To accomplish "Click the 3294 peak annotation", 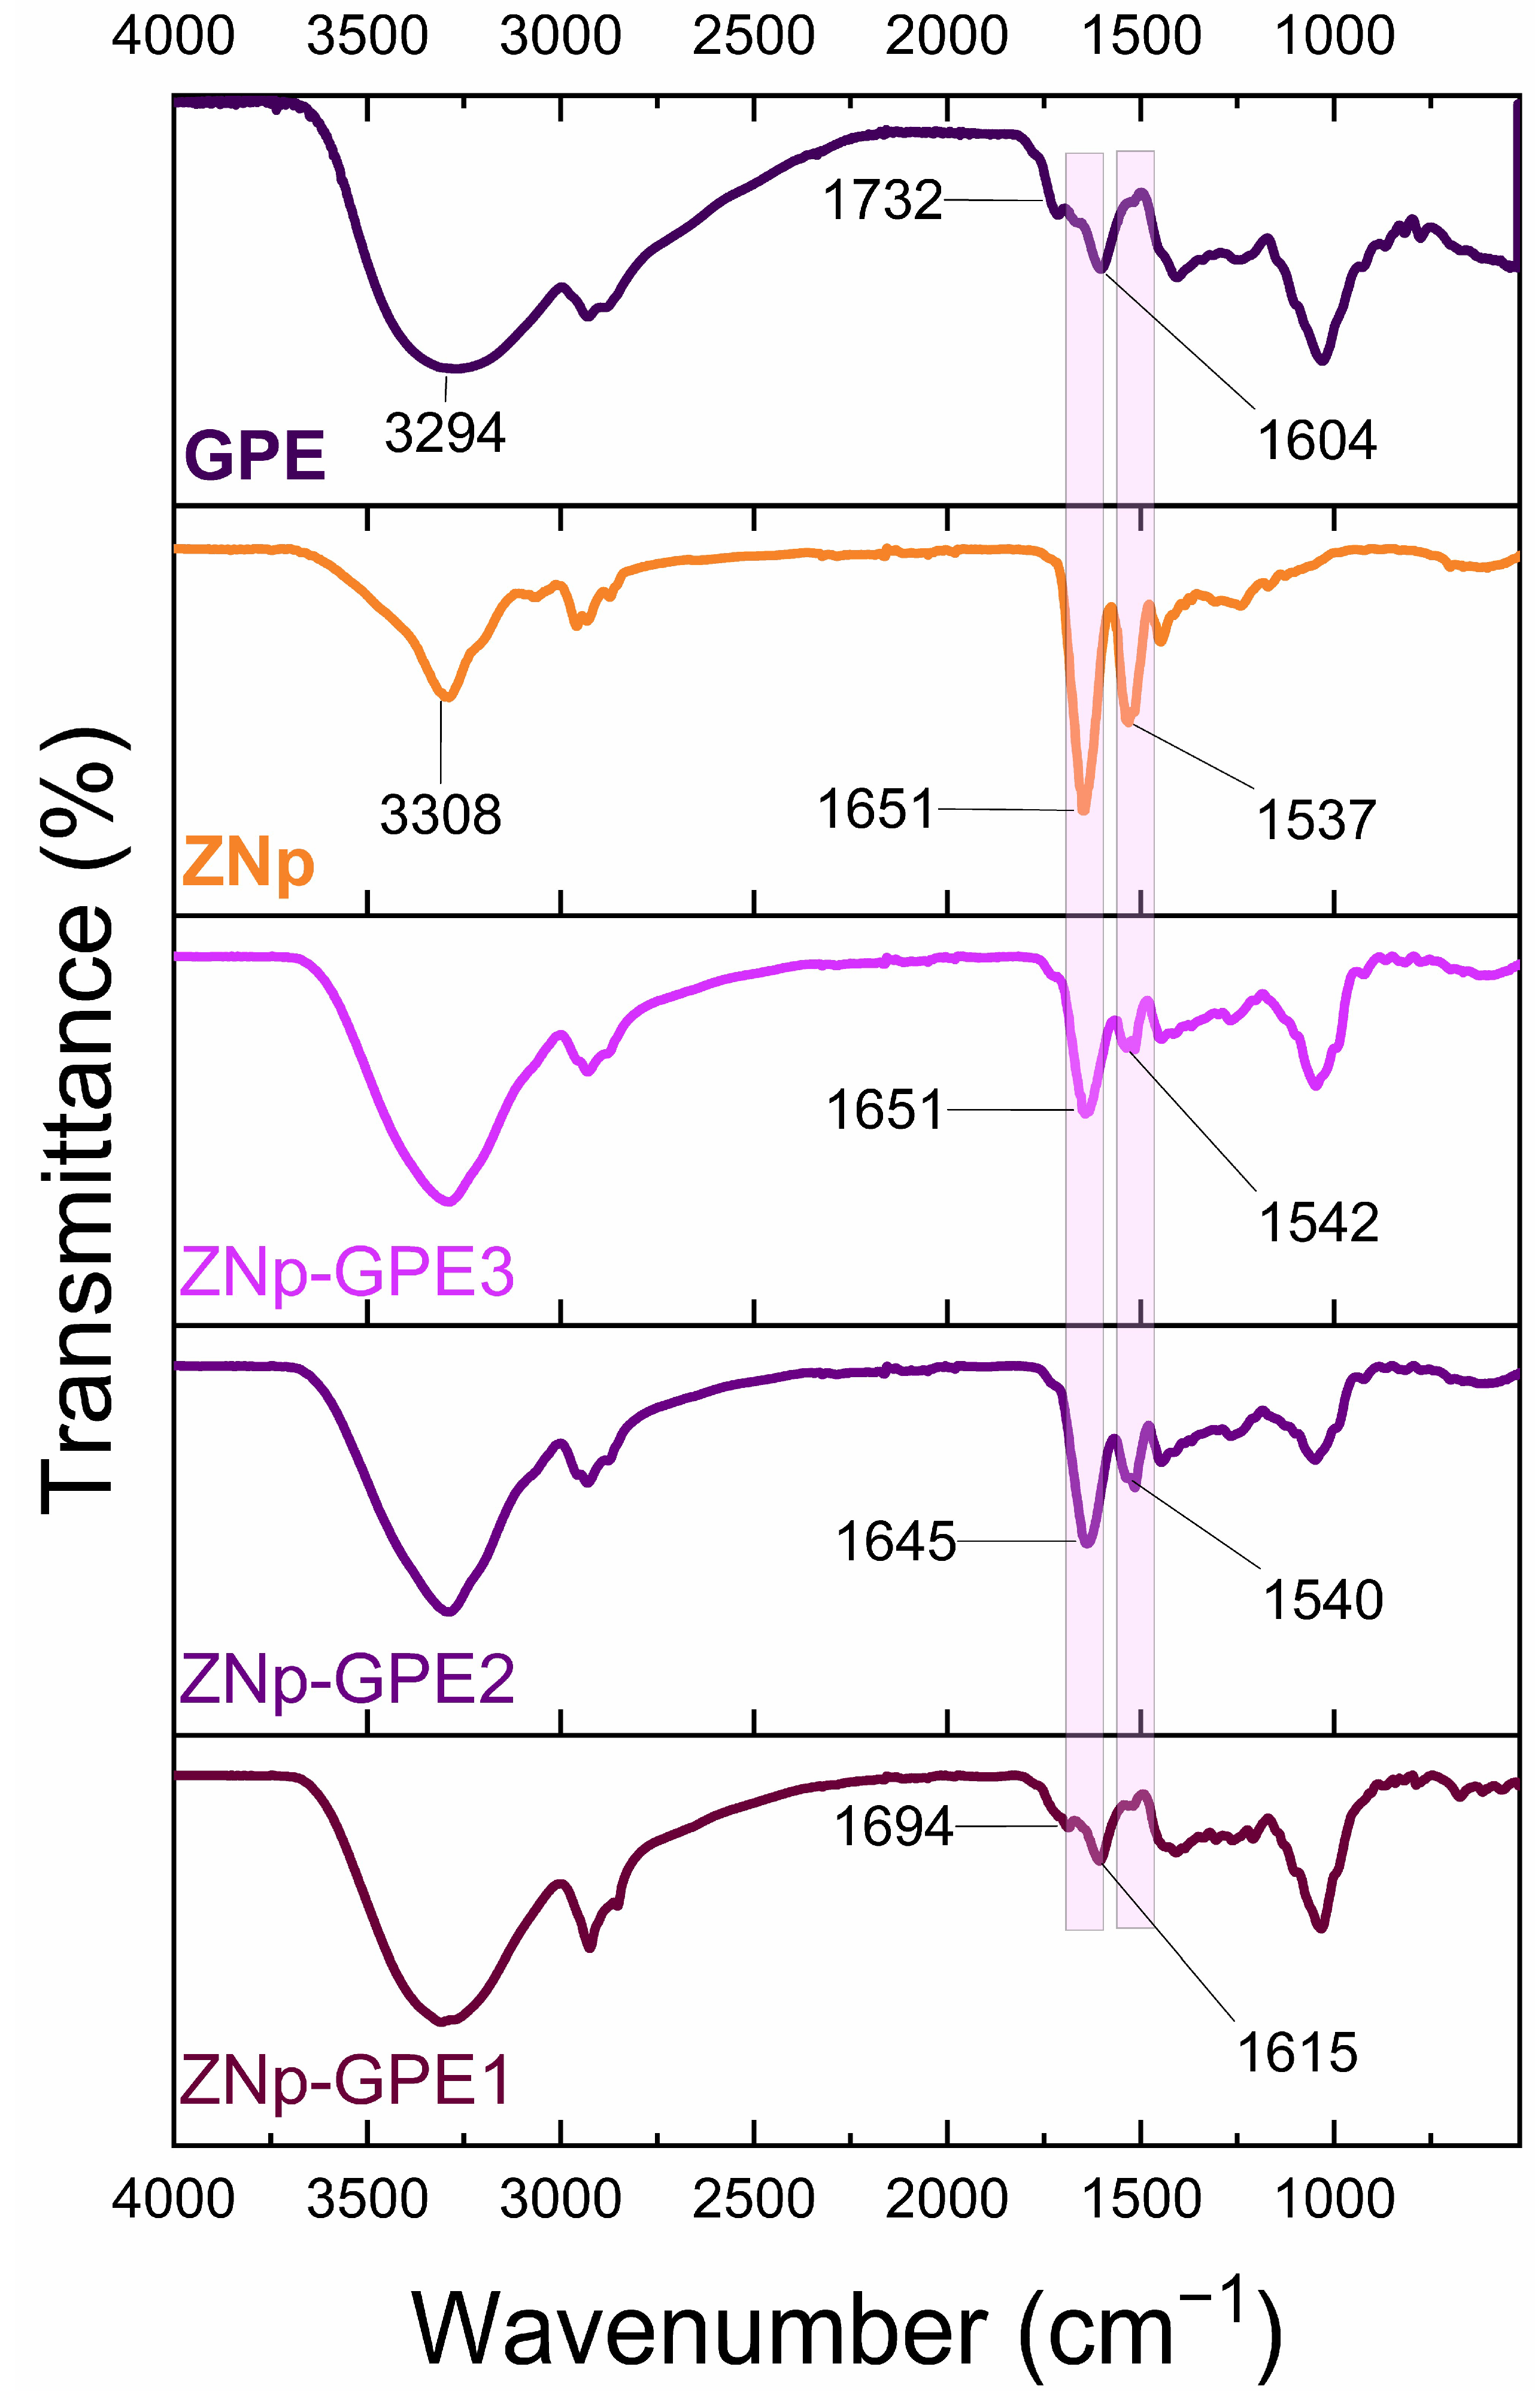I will (x=445, y=433).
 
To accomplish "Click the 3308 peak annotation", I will (x=440, y=815).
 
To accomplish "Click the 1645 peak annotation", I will (x=895, y=1542).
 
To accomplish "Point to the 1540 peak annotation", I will (x=1322, y=1600).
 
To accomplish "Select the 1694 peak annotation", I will (x=893, y=1827).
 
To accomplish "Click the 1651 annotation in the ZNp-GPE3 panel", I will (x=884, y=1110).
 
